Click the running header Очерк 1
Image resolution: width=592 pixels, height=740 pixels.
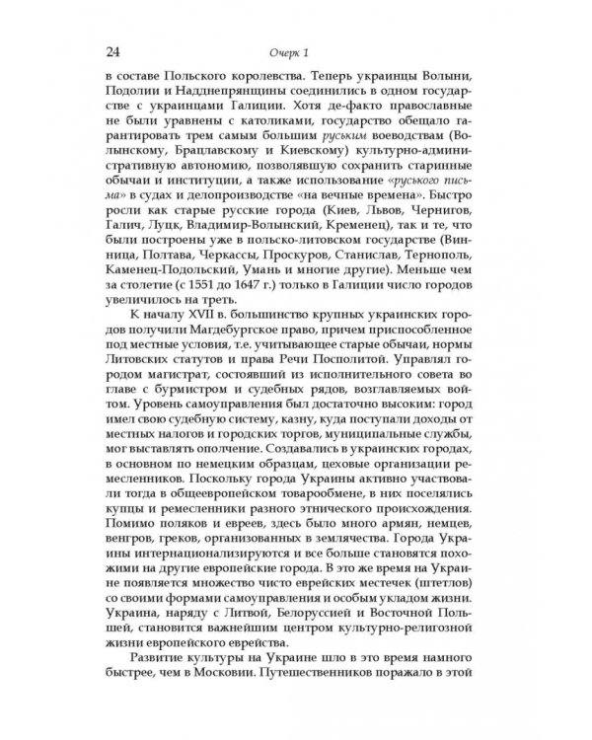[x=295, y=51]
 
